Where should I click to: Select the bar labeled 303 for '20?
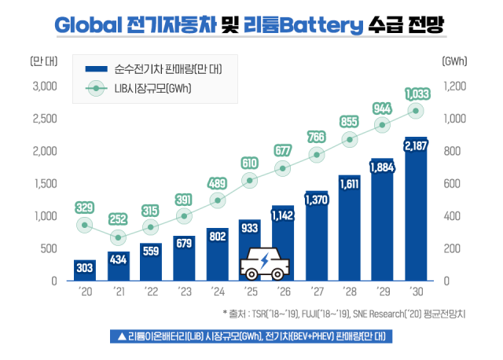pyautogui.click(x=86, y=270)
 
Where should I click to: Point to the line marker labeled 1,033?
pyautogui.click(x=416, y=111)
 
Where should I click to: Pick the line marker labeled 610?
pyautogui.click(x=251, y=181)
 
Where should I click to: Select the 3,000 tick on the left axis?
pyautogui.click(x=43, y=86)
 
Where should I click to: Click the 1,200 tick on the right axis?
pyautogui.click(x=456, y=86)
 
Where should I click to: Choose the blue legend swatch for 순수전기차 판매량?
pyautogui.click(x=97, y=70)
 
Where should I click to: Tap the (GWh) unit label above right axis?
pyautogui.click(x=455, y=61)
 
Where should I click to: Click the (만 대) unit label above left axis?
pyautogui.click(x=40, y=61)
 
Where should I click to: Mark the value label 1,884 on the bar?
pyautogui.click(x=382, y=167)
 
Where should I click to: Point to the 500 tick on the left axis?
pyautogui.click(x=47, y=248)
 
